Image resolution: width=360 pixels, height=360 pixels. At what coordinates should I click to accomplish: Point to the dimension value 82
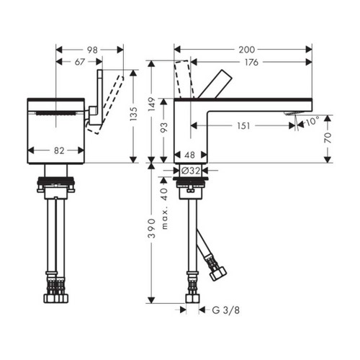click(59, 150)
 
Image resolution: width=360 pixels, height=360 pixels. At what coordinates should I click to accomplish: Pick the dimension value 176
click(252, 62)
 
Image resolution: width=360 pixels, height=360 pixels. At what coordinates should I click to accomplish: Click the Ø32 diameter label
click(190, 170)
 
